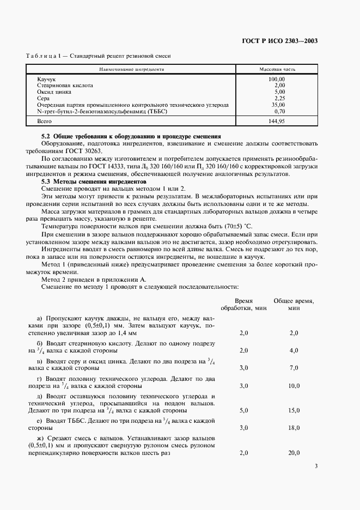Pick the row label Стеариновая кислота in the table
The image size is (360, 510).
(x=65, y=86)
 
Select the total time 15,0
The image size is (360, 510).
(x=294, y=410)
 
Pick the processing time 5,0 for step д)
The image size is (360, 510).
(x=243, y=410)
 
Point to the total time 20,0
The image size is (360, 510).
(x=294, y=453)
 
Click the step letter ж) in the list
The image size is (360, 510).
(x=40, y=439)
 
